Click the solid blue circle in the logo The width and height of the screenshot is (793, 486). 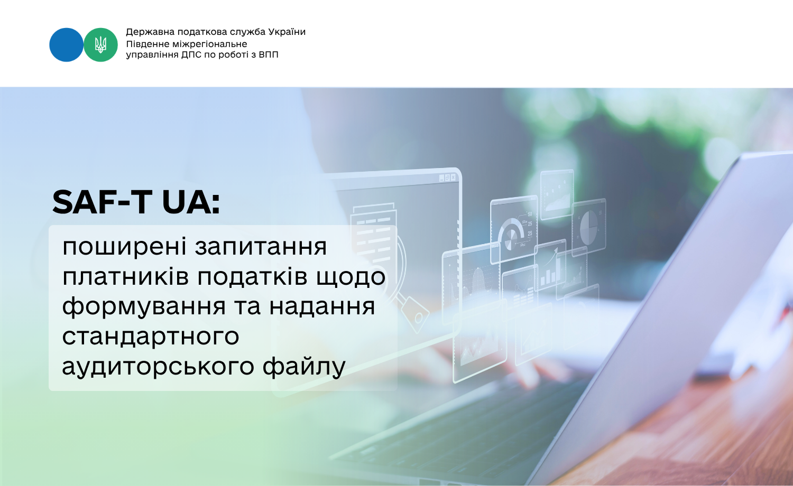point(66,45)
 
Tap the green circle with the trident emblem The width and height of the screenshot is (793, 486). point(100,45)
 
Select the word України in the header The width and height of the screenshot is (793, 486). point(287,32)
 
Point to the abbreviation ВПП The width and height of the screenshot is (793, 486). point(269,55)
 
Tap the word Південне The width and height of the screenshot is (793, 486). point(148,44)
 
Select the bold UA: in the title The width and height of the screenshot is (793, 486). point(191,202)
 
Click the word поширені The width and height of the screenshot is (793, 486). point(124,247)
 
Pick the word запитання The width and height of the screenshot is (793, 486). point(261,247)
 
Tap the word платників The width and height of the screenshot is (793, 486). point(126,276)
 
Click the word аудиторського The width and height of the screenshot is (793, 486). point(158,367)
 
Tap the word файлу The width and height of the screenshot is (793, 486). point(304,366)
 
